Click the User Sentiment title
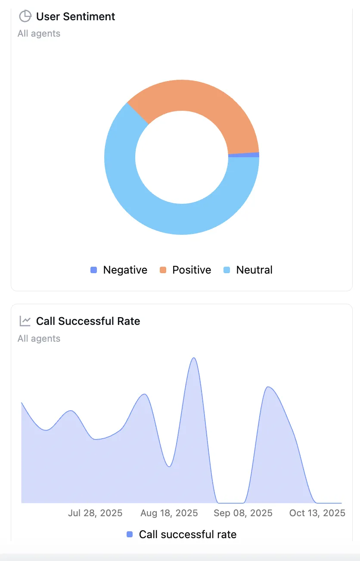coord(75,17)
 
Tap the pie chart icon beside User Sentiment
coord(25,16)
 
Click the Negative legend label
coord(125,270)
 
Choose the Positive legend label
coord(192,270)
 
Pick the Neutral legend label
coord(254,270)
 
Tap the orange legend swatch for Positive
coord(163,270)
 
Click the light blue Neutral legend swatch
coord(227,270)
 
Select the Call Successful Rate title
coord(88,321)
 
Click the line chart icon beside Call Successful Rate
coord(25,321)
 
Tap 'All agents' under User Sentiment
coord(39,34)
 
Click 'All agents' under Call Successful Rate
coord(39,339)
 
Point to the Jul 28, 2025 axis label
coord(95,513)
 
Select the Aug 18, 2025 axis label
coord(169,513)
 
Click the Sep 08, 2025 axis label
coord(243,513)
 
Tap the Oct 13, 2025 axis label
coord(317,513)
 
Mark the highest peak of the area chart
coord(194,358)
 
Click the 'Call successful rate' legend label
coord(187,535)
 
